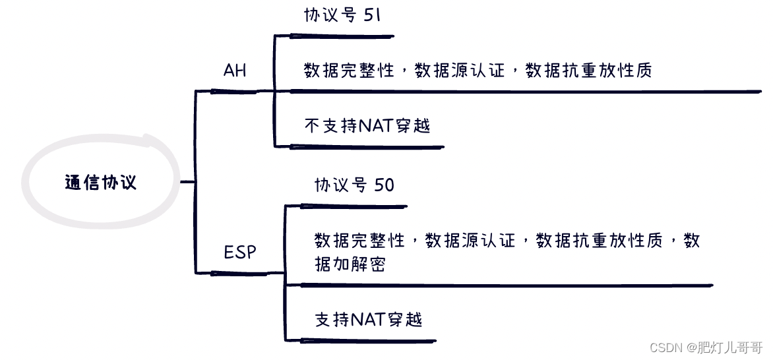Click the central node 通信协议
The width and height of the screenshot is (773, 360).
[x=101, y=182]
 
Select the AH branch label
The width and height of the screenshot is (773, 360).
[x=235, y=71]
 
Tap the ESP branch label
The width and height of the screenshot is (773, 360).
[x=240, y=252]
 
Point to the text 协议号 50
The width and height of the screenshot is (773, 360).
[x=354, y=185]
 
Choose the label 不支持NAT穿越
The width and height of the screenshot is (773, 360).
[x=367, y=125]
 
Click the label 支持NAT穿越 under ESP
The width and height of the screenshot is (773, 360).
[x=368, y=320]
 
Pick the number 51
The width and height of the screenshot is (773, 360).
[x=372, y=16]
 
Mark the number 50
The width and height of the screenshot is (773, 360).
[x=384, y=185]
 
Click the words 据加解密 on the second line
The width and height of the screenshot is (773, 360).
[x=350, y=264]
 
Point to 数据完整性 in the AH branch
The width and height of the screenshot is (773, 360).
[x=349, y=70]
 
